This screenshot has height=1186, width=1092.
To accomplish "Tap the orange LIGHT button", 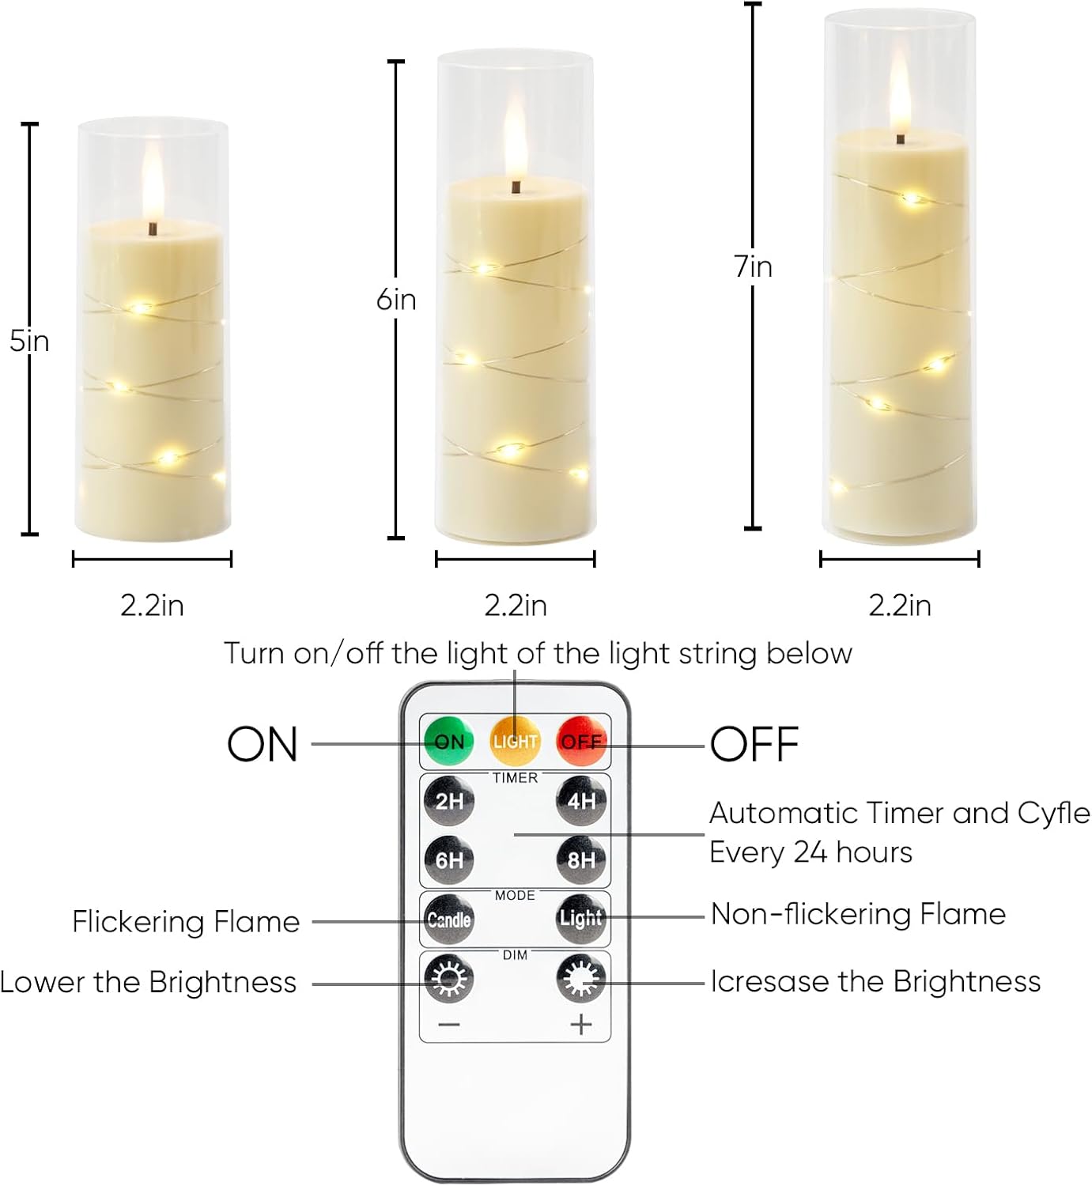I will tap(515, 741).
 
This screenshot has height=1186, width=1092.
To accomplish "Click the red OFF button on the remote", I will tap(581, 741).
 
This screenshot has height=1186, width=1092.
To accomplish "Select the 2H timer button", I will tap(449, 801).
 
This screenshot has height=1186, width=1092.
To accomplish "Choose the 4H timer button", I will tap(581, 801).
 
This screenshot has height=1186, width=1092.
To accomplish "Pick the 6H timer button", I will tap(449, 859).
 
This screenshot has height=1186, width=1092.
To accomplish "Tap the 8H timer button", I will tap(581, 859).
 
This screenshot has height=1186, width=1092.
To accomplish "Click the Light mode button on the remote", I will tap(581, 918).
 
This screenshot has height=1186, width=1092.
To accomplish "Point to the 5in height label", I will tap(29, 341).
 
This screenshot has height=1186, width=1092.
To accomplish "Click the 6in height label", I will tap(395, 300).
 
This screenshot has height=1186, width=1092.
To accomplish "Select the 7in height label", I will tap(753, 266).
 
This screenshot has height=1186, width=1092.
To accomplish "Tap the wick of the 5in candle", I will tap(153, 229).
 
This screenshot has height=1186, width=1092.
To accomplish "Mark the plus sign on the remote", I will tap(581, 1025).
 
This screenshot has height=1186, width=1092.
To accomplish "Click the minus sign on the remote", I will tap(449, 1025).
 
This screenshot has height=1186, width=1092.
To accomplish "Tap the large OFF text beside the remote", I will tap(754, 745).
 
